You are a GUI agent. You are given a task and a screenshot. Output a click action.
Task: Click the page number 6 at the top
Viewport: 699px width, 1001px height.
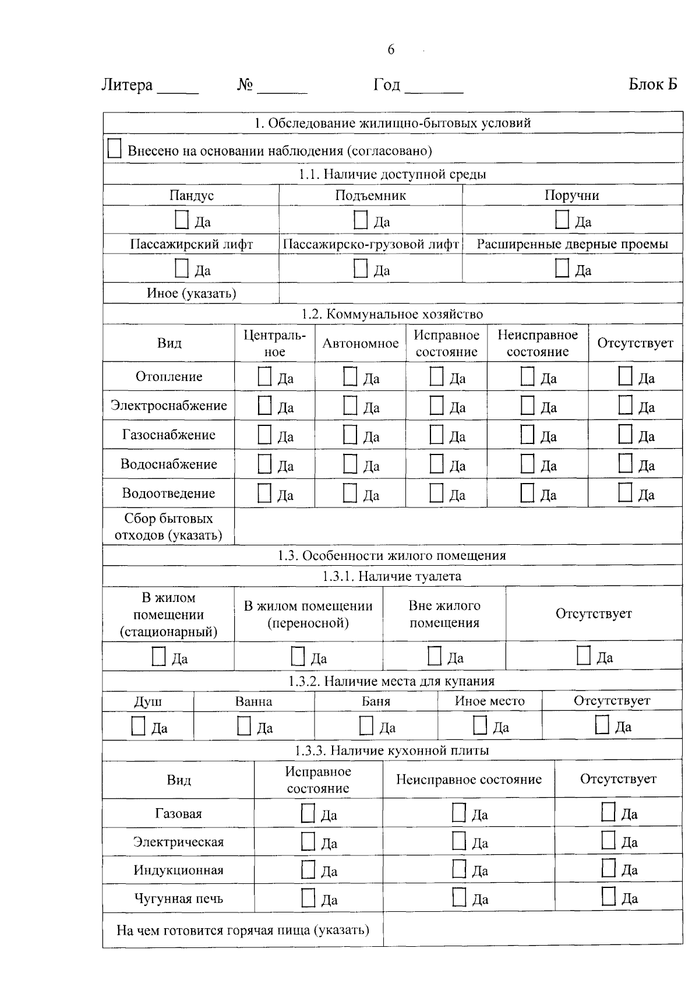390,50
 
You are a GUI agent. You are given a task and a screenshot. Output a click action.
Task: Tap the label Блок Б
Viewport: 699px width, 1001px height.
652,85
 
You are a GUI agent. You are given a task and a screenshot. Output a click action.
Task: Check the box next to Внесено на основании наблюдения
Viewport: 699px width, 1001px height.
114,149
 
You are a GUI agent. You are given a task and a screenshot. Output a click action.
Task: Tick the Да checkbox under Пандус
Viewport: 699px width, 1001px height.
182,220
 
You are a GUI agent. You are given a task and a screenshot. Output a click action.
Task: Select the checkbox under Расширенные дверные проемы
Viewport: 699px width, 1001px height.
562,268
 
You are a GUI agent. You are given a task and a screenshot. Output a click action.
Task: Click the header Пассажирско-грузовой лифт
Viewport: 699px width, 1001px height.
370,244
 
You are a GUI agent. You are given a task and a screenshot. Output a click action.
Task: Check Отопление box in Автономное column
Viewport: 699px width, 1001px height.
350,376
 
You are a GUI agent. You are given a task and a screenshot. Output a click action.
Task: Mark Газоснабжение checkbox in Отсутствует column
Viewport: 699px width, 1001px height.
625,434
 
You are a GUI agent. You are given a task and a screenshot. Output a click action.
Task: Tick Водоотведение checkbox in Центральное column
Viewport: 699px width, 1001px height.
264,493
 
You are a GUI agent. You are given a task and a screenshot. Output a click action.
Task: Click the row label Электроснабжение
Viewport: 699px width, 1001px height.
169,406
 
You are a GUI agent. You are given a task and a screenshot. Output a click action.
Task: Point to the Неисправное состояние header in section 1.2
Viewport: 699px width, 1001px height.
537,343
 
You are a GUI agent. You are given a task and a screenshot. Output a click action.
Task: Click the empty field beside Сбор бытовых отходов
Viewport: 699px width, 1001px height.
458,526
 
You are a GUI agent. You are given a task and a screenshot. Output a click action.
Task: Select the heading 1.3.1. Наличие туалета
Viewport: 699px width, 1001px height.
392,576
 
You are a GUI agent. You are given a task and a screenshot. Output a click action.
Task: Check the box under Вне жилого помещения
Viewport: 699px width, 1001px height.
435,656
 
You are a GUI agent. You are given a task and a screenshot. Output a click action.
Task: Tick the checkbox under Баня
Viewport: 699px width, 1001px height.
366,726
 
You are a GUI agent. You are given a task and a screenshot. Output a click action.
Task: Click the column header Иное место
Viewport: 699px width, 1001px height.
489,702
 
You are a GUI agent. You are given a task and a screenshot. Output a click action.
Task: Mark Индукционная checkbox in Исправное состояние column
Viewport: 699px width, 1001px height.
308,869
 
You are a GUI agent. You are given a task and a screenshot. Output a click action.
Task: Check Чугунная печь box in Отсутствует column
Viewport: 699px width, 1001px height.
608,896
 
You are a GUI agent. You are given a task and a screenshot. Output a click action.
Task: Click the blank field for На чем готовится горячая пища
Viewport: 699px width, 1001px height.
532,930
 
